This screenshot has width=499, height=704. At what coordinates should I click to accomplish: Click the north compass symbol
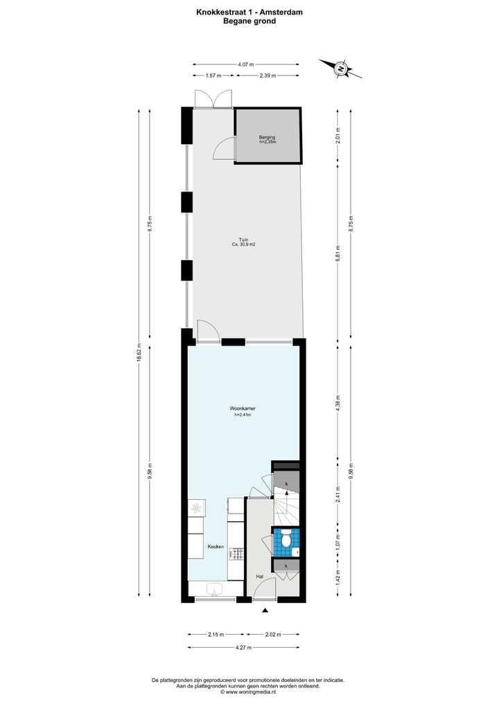click(x=341, y=68)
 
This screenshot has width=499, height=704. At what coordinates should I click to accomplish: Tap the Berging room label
click(x=267, y=138)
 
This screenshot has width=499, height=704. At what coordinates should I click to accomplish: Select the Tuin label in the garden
click(x=244, y=240)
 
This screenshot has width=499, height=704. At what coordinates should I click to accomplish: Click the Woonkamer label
click(x=242, y=409)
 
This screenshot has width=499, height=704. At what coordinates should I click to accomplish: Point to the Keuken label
click(x=216, y=547)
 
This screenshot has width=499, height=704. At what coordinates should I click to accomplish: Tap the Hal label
click(x=259, y=576)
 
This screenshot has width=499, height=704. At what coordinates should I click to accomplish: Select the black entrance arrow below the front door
click(x=265, y=610)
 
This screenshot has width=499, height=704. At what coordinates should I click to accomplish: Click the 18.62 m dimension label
click(x=139, y=352)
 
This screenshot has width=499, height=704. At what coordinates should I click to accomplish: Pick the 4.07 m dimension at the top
click(x=245, y=64)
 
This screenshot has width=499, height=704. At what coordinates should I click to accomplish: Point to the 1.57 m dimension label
click(x=213, y=75)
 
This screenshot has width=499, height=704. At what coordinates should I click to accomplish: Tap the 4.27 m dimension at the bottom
click(x=243, y=647)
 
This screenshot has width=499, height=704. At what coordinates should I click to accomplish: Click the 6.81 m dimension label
click(x=338, y=251)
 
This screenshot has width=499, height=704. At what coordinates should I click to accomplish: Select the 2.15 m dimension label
click(x=215, y=633)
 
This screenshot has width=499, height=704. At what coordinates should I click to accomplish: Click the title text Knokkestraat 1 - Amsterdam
click(x=249, y=12)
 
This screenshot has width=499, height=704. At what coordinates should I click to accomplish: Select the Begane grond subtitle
click(x=249, y=21)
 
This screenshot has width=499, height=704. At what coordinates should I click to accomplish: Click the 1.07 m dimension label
click(x=338, y=541)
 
